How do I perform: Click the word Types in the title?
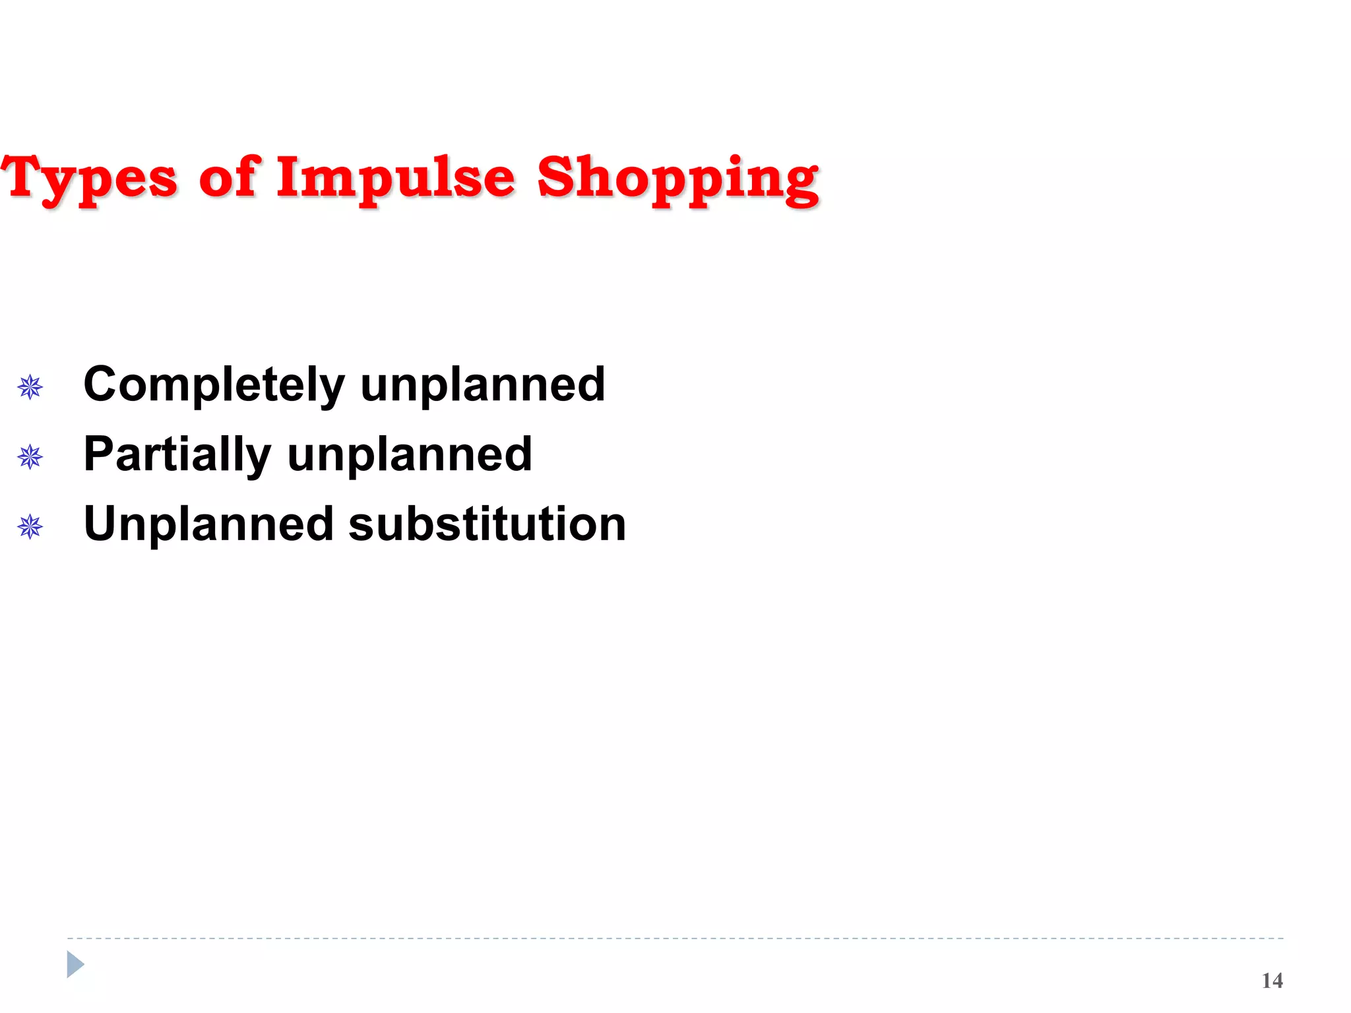[89, 178]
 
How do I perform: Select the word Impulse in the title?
[395, 178]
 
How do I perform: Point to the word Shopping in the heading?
[677, 178]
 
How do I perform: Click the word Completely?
[214, 384]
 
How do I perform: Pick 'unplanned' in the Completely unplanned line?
[482, 384]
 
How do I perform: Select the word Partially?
[177, 454]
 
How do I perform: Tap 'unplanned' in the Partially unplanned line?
[410, 454]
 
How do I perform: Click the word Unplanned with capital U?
[208, 524]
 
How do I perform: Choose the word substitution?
[487, 524]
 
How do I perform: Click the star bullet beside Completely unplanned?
[30, 387]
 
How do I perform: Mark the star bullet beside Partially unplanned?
[30, 456]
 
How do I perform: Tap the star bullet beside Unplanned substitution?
[30, 526]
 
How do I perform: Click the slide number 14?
[1272, 981]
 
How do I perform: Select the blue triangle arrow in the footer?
[75, 964]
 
